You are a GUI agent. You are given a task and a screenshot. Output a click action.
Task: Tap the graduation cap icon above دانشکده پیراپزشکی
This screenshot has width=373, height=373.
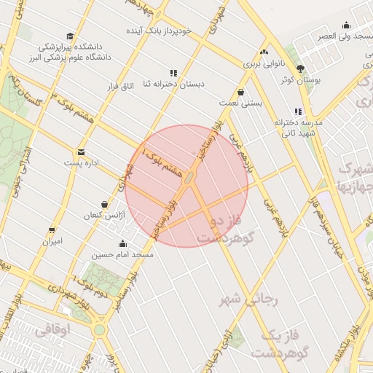click(70, 36)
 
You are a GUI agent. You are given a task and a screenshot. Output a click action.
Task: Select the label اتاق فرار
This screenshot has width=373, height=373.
click(122, 87)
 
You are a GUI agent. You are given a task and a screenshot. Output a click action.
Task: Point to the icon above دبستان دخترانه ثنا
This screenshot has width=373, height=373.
click(173, 73)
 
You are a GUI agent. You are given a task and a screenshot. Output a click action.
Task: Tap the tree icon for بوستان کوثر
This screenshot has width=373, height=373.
click(301, 68)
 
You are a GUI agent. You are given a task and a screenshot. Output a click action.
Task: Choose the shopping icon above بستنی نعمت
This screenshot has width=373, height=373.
click(241, 92)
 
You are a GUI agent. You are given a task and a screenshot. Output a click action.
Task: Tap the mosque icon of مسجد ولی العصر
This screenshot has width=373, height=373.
click(346, 24)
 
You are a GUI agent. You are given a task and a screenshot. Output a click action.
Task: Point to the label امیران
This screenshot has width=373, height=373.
click(52, 240)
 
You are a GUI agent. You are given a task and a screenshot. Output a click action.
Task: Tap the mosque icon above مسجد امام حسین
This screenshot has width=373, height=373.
click(122, 244)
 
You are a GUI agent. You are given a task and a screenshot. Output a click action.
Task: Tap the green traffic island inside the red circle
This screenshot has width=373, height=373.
click(189, 178)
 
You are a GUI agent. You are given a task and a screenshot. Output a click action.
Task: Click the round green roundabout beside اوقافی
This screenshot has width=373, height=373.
click(99, 330)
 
